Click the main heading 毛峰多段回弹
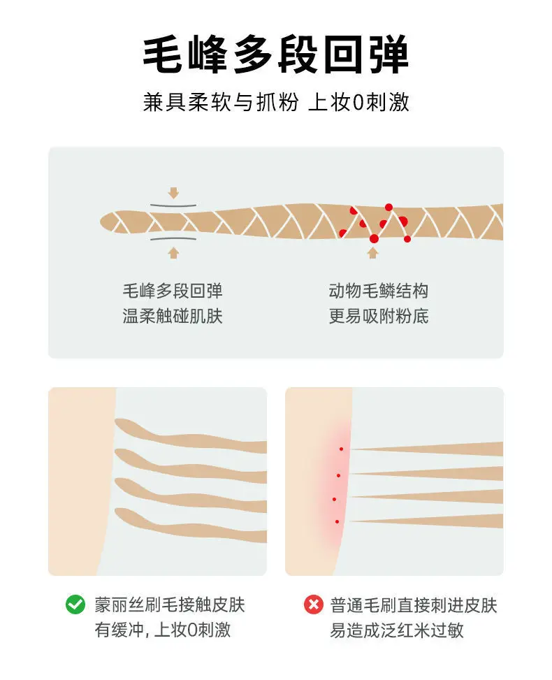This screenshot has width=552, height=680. point(276,55)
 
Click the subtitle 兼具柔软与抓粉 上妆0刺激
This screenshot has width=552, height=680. point(276,102)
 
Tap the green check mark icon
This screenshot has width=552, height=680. point(75,604)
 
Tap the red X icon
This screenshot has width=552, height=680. point(314,604)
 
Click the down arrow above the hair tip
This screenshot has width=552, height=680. point(174,193)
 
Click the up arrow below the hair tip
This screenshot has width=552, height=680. point(173,253)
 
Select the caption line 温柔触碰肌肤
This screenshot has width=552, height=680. point(173,316)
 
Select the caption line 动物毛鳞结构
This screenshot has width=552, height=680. point(379,291)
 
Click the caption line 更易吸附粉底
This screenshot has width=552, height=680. point(379,316)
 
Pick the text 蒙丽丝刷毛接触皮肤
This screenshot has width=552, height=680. point(170,605)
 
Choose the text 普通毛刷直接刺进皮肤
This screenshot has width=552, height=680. point(414,605)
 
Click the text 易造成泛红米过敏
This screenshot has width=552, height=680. point(397,630)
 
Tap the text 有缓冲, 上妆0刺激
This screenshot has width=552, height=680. point(163,630)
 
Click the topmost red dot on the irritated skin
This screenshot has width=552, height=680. point(341,449)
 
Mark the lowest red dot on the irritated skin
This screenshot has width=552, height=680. point(337,521)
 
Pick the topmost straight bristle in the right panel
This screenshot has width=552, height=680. point(427,449)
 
